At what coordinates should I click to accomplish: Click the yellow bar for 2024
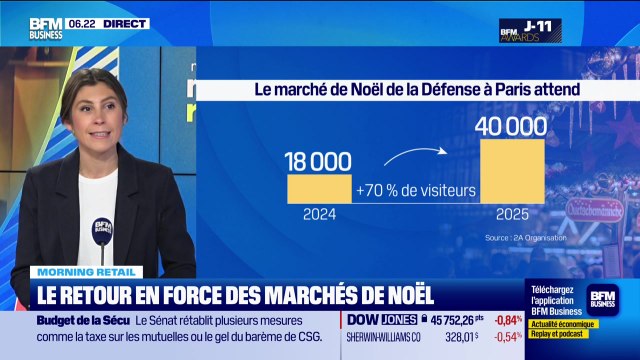320,189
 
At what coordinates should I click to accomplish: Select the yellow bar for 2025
512,171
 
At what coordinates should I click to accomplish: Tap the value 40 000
512,126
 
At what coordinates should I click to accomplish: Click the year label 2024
320,213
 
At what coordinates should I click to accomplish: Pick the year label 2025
512,213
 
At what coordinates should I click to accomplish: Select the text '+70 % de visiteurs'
415,189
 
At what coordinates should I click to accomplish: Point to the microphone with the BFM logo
102,231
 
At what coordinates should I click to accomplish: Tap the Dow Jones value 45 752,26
466,320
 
